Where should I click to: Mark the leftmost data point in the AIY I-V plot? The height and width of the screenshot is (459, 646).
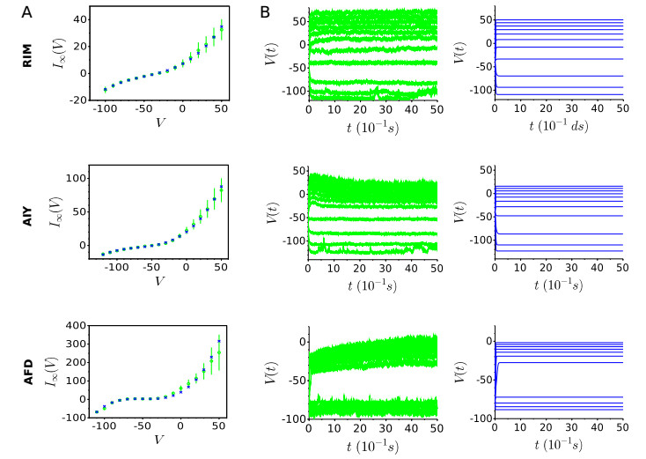(103, 254)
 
